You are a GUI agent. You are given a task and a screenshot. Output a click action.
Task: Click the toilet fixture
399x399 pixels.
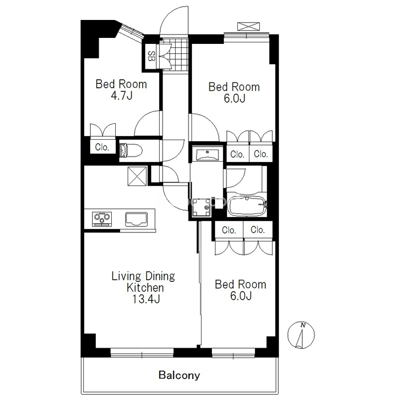click(130, 151)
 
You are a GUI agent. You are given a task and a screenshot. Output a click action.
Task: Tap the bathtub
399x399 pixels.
click(247, 206)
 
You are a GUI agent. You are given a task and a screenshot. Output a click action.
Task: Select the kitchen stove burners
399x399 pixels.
click(102, 218)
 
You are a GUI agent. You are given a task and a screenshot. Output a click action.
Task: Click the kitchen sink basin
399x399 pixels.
click(136, 219)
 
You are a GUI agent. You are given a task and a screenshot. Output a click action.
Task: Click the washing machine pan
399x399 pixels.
click(202, 207)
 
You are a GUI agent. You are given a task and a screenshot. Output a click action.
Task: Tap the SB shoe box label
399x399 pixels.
click(152, 56)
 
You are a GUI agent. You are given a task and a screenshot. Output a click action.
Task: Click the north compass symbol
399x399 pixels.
click(301, 335)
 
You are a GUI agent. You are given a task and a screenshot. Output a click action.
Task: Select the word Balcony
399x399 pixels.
click(180, 375)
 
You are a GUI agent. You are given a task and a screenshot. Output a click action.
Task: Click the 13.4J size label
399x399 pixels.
click(146, 299)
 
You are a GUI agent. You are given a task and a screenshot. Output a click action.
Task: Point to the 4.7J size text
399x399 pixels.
click(122, 96)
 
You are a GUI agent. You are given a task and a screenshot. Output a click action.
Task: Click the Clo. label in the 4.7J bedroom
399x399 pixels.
click(102, 147)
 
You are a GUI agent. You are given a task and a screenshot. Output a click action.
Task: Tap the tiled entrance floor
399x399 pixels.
click(176, 54)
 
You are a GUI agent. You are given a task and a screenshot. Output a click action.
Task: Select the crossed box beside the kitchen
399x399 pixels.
click(137, 176)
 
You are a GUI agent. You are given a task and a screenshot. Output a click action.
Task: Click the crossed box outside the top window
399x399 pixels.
click(248, 26)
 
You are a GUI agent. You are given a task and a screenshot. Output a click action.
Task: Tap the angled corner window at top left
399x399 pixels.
click(132, 31)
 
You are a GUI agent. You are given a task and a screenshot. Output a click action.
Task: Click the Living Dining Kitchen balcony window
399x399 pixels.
click(142, 352)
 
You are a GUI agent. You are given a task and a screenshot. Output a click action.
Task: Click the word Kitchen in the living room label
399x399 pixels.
click(145, 288)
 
